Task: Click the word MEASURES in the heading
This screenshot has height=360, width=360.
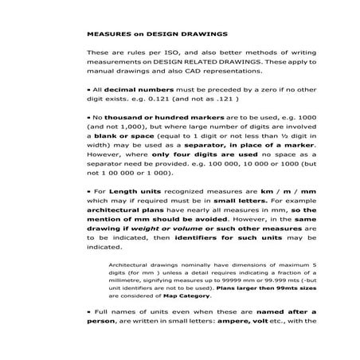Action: pos(108,35)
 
